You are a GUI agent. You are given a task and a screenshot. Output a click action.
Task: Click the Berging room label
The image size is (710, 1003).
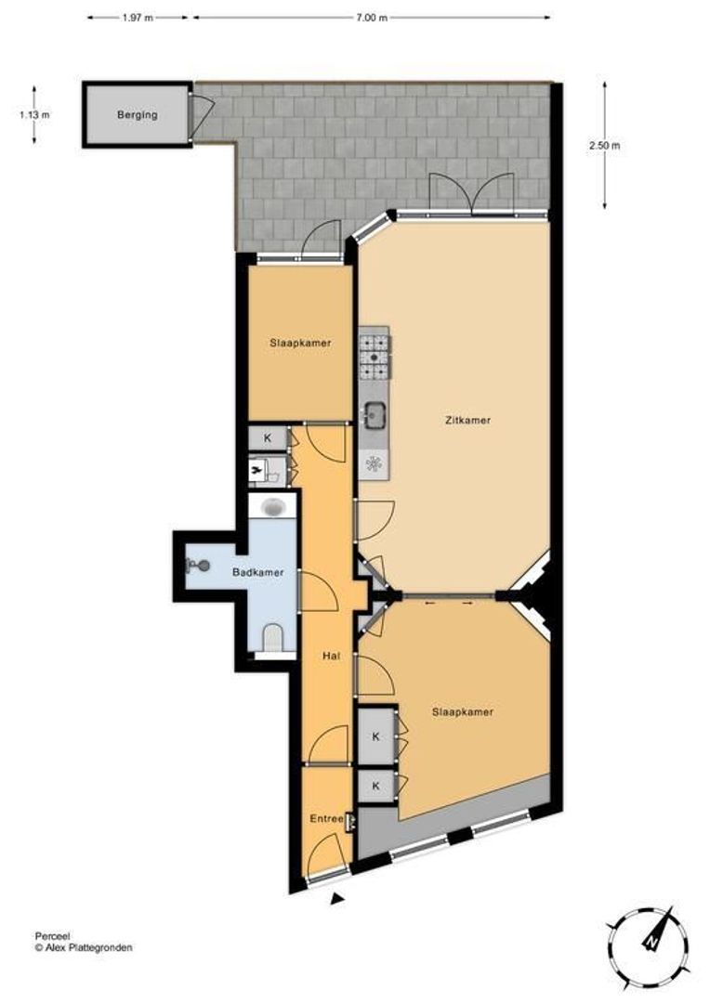[137, 115]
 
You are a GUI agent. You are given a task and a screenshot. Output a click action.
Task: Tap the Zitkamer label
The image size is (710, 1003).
[467, 420]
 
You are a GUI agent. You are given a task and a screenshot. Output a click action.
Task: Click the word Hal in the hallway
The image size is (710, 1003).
[329, 656]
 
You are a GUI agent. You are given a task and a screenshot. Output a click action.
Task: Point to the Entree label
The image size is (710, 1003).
[325, 818]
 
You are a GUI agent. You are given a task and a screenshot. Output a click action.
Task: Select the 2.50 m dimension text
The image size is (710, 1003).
[605, 146]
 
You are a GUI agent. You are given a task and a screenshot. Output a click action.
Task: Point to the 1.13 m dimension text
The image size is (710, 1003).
[33, 115]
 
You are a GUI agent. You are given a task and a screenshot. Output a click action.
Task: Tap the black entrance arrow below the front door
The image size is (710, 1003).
[338, 897]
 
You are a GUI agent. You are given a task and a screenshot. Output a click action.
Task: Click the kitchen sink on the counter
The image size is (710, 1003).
[375, 412]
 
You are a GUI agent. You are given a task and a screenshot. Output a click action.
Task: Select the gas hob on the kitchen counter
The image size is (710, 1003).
[375, 356]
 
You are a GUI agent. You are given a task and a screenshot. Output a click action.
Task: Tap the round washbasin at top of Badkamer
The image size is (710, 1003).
[272, 507]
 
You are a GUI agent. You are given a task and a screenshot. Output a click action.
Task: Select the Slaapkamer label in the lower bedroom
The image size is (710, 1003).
[462, 712]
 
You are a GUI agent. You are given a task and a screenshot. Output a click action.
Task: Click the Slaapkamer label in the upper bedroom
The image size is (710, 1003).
[300, 343]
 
